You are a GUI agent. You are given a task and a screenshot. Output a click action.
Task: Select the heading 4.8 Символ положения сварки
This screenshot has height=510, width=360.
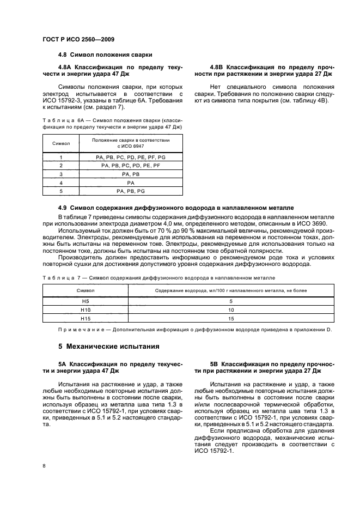click(x=105, y=55)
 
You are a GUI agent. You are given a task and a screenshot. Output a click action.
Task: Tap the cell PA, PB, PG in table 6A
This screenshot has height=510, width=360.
click(x=131, y=191)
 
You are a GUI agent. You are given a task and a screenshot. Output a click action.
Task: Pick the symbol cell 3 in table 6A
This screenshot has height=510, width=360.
click(x=61, y=174)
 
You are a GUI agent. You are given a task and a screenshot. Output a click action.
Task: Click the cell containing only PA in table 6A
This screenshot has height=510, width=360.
click(x=131, y=183)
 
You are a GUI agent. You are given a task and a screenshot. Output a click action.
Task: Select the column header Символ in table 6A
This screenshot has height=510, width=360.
click(x=61, y=143)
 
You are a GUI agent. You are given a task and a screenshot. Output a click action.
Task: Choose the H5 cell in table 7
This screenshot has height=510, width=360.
click(x=85, y=301)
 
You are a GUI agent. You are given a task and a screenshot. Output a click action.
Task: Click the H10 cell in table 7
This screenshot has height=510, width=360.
click(x=85, y=309)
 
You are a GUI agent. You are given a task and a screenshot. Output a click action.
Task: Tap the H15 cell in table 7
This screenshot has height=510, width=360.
click(x=85, y=318)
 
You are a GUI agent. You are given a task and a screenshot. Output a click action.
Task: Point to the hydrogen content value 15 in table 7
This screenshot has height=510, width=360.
click(x=231, y=318)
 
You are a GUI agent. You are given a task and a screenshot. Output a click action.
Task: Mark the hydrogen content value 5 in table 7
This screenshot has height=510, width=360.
click(x=231, y=301)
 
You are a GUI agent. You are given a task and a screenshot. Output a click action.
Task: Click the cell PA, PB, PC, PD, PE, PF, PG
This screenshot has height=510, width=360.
click(x=131, y=156)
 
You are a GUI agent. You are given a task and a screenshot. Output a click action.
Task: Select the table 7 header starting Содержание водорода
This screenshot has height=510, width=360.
click(x=231, y=290)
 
